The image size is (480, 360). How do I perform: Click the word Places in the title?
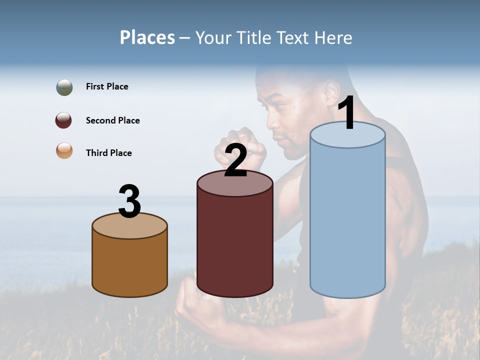(x=147, y=37)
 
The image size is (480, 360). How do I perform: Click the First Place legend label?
(x=107, y=86)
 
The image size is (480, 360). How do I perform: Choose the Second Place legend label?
(x=112, y=120)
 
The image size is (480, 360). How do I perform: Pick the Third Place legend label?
(x=108, y=153)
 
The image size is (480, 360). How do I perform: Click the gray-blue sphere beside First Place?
(x=64, y=87)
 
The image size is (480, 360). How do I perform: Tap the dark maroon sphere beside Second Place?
(x=64, y=120)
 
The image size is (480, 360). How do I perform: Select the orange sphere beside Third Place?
(x=64, y=150)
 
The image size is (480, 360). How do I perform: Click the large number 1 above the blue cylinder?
(x=346, y=113)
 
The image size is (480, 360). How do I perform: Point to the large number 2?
(x=236, y=160)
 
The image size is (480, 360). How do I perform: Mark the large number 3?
(x=129, y=202)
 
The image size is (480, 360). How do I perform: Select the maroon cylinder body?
(x=235, y=245)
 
